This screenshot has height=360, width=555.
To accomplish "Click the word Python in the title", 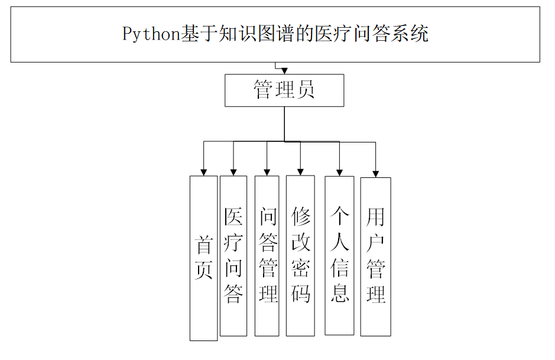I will point(151,34).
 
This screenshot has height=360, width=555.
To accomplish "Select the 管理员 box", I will point(284,90).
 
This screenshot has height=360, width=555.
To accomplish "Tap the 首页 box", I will point(203,258).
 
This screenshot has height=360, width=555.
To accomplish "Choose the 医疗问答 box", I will point(233,255).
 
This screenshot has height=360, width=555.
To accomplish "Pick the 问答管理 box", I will point(267,255).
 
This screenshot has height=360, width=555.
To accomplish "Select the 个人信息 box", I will point(339,255).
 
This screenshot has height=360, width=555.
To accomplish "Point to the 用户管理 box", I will point(375,255).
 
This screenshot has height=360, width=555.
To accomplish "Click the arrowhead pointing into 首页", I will point(203,172).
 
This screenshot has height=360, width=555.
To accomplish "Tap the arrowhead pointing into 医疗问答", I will point(233,172).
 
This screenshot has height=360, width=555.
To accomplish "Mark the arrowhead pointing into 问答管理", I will point(267,172).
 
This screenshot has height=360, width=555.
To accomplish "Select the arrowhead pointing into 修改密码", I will point(300,172).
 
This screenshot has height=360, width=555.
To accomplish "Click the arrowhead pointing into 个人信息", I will point(339,172).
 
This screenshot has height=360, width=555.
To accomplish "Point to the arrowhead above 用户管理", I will point(375,173).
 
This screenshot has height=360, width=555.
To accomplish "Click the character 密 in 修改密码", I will point(300,268).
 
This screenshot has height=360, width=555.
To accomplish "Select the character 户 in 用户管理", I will point(375,243).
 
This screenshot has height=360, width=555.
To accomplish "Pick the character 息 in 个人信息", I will point(339,293).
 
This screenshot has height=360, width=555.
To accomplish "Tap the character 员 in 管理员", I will point(305,90).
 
